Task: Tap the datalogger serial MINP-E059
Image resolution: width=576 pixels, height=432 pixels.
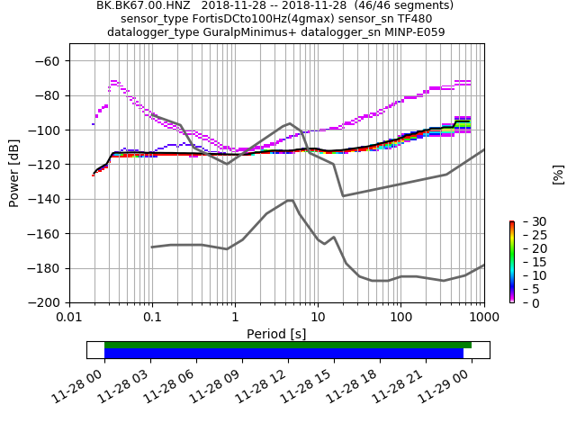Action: pos(413,32)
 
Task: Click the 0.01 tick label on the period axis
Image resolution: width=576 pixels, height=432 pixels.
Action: pos(69,318)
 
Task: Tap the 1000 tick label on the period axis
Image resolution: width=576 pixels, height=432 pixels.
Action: pos(483,318)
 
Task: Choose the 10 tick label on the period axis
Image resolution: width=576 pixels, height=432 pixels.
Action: pos(318,318)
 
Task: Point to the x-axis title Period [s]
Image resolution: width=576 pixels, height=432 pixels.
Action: pos(276,334)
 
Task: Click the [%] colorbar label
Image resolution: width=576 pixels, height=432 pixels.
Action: pos(558,174)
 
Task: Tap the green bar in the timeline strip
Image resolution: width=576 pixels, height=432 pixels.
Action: pos(288,345)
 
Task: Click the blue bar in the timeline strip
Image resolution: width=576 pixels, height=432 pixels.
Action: pos(283,354)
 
